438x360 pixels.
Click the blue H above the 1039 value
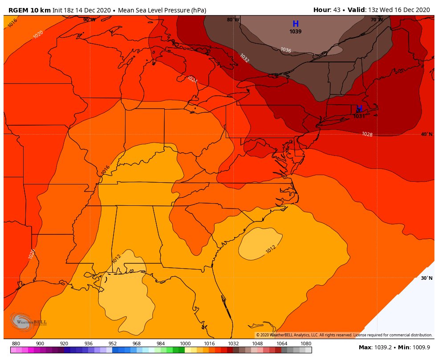296,24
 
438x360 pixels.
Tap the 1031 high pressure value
359,116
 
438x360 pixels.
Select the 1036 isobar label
286,50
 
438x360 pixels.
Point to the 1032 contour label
244,58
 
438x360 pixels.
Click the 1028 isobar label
367,134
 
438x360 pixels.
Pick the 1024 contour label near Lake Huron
192,79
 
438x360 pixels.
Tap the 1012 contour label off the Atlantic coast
271,250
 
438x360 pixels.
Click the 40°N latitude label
426,134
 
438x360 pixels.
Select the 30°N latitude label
426,278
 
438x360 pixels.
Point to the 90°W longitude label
89,20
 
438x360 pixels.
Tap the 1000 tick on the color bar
185,344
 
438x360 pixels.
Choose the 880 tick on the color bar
16,344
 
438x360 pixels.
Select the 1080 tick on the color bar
306,344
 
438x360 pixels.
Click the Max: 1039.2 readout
375,347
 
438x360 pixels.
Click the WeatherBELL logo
28,322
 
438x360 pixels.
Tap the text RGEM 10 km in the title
29,10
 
